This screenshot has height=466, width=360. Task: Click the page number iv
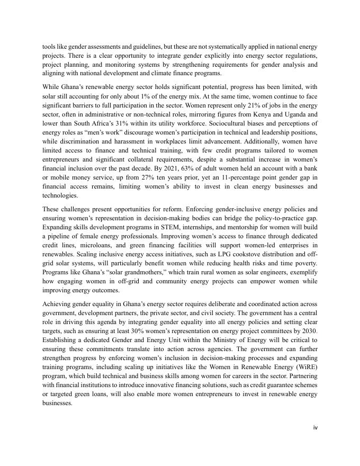315,427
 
